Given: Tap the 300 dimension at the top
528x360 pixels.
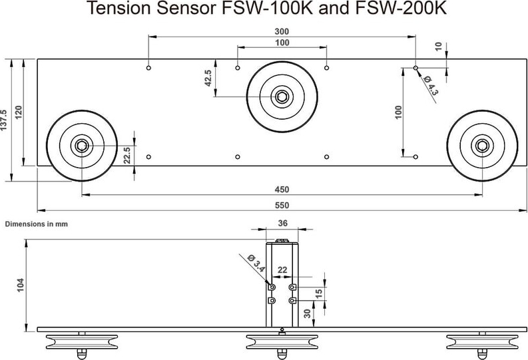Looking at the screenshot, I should (282, 31).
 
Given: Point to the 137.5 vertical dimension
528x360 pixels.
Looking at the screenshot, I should (5, 119).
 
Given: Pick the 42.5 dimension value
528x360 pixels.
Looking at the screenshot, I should (208, 78).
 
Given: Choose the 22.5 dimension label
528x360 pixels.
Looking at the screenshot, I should (127, 156).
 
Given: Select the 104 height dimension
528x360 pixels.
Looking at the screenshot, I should (21, 285).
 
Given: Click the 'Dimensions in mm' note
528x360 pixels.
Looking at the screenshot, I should (37, 224).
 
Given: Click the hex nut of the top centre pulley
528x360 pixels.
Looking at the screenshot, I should (282, 97).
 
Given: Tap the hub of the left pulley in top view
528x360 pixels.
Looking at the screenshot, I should (82, 145).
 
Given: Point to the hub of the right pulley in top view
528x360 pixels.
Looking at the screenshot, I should (482, 145).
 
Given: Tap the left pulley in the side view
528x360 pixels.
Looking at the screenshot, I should (82, 343).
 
